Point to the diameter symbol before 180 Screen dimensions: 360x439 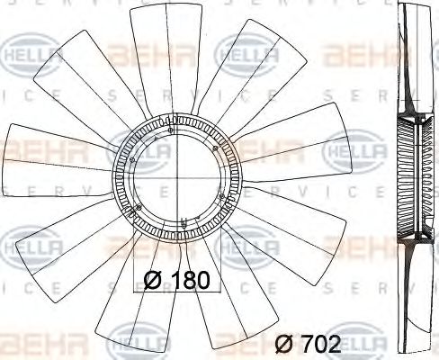(x=153, y=280)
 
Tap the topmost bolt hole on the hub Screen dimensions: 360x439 (x=171, y=133)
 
